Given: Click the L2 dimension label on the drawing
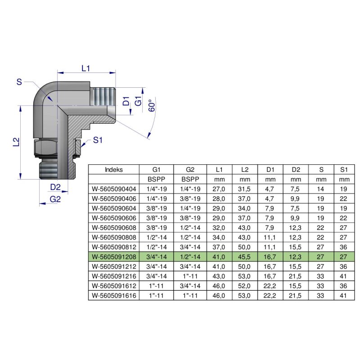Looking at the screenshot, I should click(x=16, y=142).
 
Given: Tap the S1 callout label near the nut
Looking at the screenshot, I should click(x=98, y=140).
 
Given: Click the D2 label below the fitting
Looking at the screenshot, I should click(x=55, y=187).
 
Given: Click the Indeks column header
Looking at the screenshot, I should click(x=113, y=170).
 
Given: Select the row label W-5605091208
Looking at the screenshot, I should click(x=113, y=257).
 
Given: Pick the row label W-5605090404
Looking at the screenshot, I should click(x=113, y=189).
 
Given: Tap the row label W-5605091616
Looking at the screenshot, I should click(x=113, y=296).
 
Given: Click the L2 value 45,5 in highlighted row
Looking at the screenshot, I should click(x=244, y=257).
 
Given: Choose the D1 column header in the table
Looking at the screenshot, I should click(x=270, y=170).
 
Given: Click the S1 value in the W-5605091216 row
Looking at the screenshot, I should click(x=344, y=276).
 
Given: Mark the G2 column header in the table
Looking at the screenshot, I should click(x=189, y=170).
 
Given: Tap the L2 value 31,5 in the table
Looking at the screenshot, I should click(x=244, y=189).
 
